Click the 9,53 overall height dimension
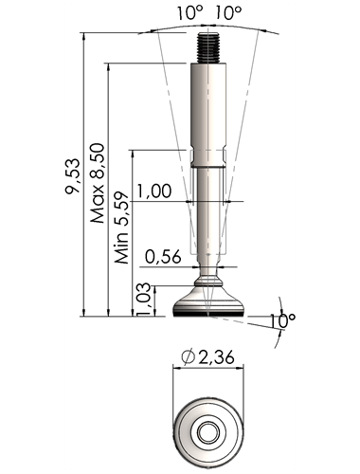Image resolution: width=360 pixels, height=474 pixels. pyautogui.click(x=72, y=175)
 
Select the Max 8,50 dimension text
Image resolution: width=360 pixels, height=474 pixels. pyautogui.click(x=98, y=183)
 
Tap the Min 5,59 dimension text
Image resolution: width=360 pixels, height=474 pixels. pyautogui.click(x=122, y=228)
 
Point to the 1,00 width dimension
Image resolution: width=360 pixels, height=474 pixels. pyautogui.click(x=154, y=191)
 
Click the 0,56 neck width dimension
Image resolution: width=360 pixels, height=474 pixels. pyautogui.click(x=163, y=257)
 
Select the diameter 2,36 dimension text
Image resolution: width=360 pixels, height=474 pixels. pyautogui.click(x=208, y=357)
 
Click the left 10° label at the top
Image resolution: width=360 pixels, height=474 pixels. pyautogui.click(x=189, y=13)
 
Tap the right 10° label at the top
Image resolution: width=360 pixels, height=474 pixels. pyautogui.click(x=228, y=13)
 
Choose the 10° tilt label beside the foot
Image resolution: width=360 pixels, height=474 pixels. pyautogui.click(x=282, y=321)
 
